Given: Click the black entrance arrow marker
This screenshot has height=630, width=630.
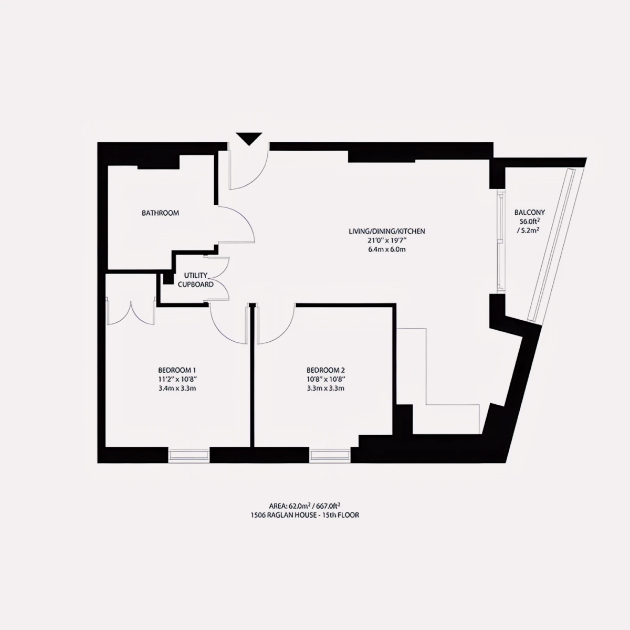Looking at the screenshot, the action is tap(249, 138).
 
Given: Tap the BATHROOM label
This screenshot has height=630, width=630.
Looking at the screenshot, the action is tap(160, 213).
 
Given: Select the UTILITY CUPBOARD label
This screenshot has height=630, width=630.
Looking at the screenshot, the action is tap(195, 280).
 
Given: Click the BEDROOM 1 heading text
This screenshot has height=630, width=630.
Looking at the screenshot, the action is tap(177, 370).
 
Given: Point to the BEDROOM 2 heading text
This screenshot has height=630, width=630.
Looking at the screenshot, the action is tap(325, 370).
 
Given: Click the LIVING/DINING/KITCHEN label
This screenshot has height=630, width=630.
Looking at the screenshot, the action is tap(387, 231).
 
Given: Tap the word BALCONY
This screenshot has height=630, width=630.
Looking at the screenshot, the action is tap(530, 212).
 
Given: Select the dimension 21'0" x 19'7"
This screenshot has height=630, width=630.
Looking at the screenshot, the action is tap(387, 240).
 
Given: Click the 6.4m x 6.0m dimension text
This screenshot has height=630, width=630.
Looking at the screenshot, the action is tap(387, 249).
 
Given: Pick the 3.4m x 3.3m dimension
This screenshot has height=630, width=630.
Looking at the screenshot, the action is tap(177, 388).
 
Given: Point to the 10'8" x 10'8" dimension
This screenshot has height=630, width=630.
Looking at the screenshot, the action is tap(325, 379).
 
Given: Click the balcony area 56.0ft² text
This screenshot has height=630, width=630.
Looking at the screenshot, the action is tap(530, 221).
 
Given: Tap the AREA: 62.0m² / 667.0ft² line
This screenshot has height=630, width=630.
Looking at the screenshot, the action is tap(304, 506).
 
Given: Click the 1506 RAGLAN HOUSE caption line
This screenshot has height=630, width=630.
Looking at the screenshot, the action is tap(304, 515).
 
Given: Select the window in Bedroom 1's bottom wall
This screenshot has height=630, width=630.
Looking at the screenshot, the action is tap(188, 455).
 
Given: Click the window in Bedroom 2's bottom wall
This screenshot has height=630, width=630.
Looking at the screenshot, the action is tap(330, 455).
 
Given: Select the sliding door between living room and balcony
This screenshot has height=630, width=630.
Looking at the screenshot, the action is tap(500, 242).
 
